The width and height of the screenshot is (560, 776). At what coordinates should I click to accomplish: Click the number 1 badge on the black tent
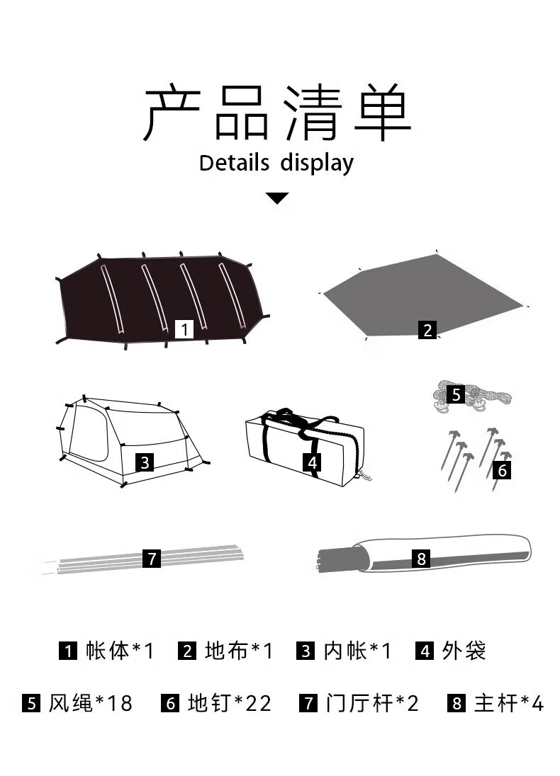[184, 329]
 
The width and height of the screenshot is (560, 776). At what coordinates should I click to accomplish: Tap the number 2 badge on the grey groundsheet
[427, 330]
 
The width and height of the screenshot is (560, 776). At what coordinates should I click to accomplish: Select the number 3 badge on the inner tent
[145, 462]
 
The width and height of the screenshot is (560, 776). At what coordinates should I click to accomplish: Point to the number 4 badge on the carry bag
[312, 462]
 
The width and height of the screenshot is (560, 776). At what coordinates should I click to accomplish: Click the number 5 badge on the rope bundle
[456, 394]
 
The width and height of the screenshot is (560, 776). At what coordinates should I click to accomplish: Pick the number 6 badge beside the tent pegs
[502, 469]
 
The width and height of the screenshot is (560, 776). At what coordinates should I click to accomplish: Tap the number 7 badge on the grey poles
[152, 558]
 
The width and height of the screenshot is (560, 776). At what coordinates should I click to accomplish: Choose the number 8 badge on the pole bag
[421, 558]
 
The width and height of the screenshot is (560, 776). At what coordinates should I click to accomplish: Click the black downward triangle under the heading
[277, 198]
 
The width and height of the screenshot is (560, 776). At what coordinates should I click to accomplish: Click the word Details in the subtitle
[235, 163]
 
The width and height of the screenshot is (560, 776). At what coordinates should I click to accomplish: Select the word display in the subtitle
[317, 164]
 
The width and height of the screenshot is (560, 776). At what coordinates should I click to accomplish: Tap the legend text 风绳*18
[91, 703]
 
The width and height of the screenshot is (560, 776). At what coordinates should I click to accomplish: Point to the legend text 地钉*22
[230, 703]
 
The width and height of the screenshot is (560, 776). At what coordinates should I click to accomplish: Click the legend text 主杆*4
[509, 703]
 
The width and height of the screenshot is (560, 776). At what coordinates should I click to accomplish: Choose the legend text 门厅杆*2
[372, 703]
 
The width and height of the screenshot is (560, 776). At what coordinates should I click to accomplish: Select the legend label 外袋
[464, 651]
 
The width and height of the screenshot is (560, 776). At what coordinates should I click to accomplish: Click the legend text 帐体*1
[120, 651]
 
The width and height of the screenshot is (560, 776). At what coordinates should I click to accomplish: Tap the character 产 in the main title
[172, 112]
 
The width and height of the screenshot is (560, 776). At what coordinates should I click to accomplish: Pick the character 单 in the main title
[383, 112]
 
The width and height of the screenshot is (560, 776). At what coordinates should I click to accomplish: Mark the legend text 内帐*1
[358, 651]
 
